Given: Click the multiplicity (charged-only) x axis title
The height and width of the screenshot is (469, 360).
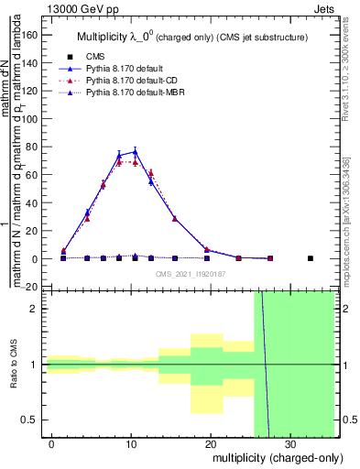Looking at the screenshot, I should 267,457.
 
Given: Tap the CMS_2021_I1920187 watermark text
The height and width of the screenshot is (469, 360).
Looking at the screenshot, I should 189,274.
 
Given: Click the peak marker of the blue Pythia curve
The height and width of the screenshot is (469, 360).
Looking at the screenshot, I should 135,152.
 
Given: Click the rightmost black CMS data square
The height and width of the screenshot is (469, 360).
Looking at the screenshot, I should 310,258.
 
